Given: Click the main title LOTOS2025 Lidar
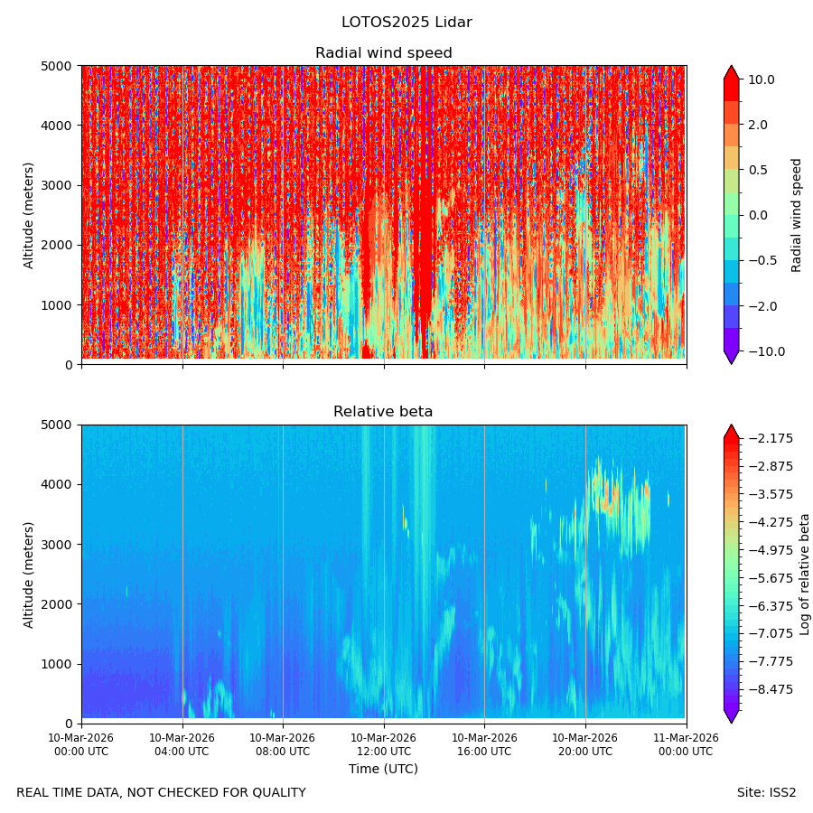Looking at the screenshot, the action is click(406, 23).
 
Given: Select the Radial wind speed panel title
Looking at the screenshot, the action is click(384, 53).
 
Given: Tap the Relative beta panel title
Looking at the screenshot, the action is click(383, 412).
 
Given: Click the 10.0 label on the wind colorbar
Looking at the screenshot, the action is click(762, 79).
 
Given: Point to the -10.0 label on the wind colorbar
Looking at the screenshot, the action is click(766, 351).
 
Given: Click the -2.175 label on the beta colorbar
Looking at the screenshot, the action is click(771, 439).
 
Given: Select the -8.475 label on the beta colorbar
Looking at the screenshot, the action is click(771, 689).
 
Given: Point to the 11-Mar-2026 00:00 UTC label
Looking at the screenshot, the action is click(686, 744).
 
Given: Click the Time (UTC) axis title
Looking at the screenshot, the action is click(383, 769).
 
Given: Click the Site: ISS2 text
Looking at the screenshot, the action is click(766, 793).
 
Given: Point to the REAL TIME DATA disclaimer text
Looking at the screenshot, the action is click(162, 793).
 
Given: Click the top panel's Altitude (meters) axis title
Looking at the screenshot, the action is click(29, 216).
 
